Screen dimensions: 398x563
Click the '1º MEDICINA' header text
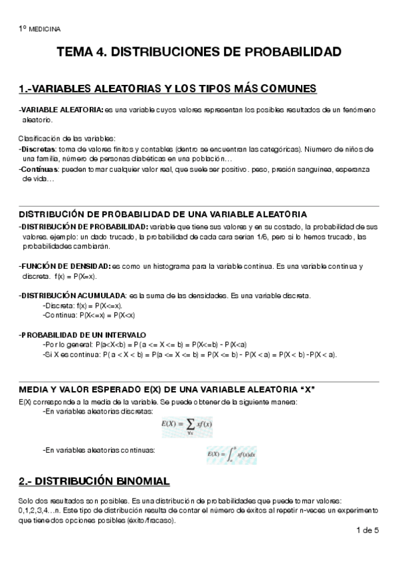click(x=39, y=29)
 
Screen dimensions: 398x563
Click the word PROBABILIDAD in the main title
click(x=290, y=52)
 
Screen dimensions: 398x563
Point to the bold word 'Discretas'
click(x=38, y=149)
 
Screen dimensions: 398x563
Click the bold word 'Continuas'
click(x=39, y=169)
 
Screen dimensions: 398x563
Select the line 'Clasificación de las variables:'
click(x=66, y=138)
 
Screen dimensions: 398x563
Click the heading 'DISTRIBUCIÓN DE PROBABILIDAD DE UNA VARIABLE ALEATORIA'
click(x=163, y=214)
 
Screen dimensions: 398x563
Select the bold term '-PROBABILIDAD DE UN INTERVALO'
click(x=83, y=335)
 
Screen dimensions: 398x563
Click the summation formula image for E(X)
click(x=187, y=426)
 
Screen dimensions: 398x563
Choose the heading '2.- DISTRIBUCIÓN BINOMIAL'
click(x=94, y=481)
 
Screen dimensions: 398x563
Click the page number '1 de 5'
click(x=367, y=530)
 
